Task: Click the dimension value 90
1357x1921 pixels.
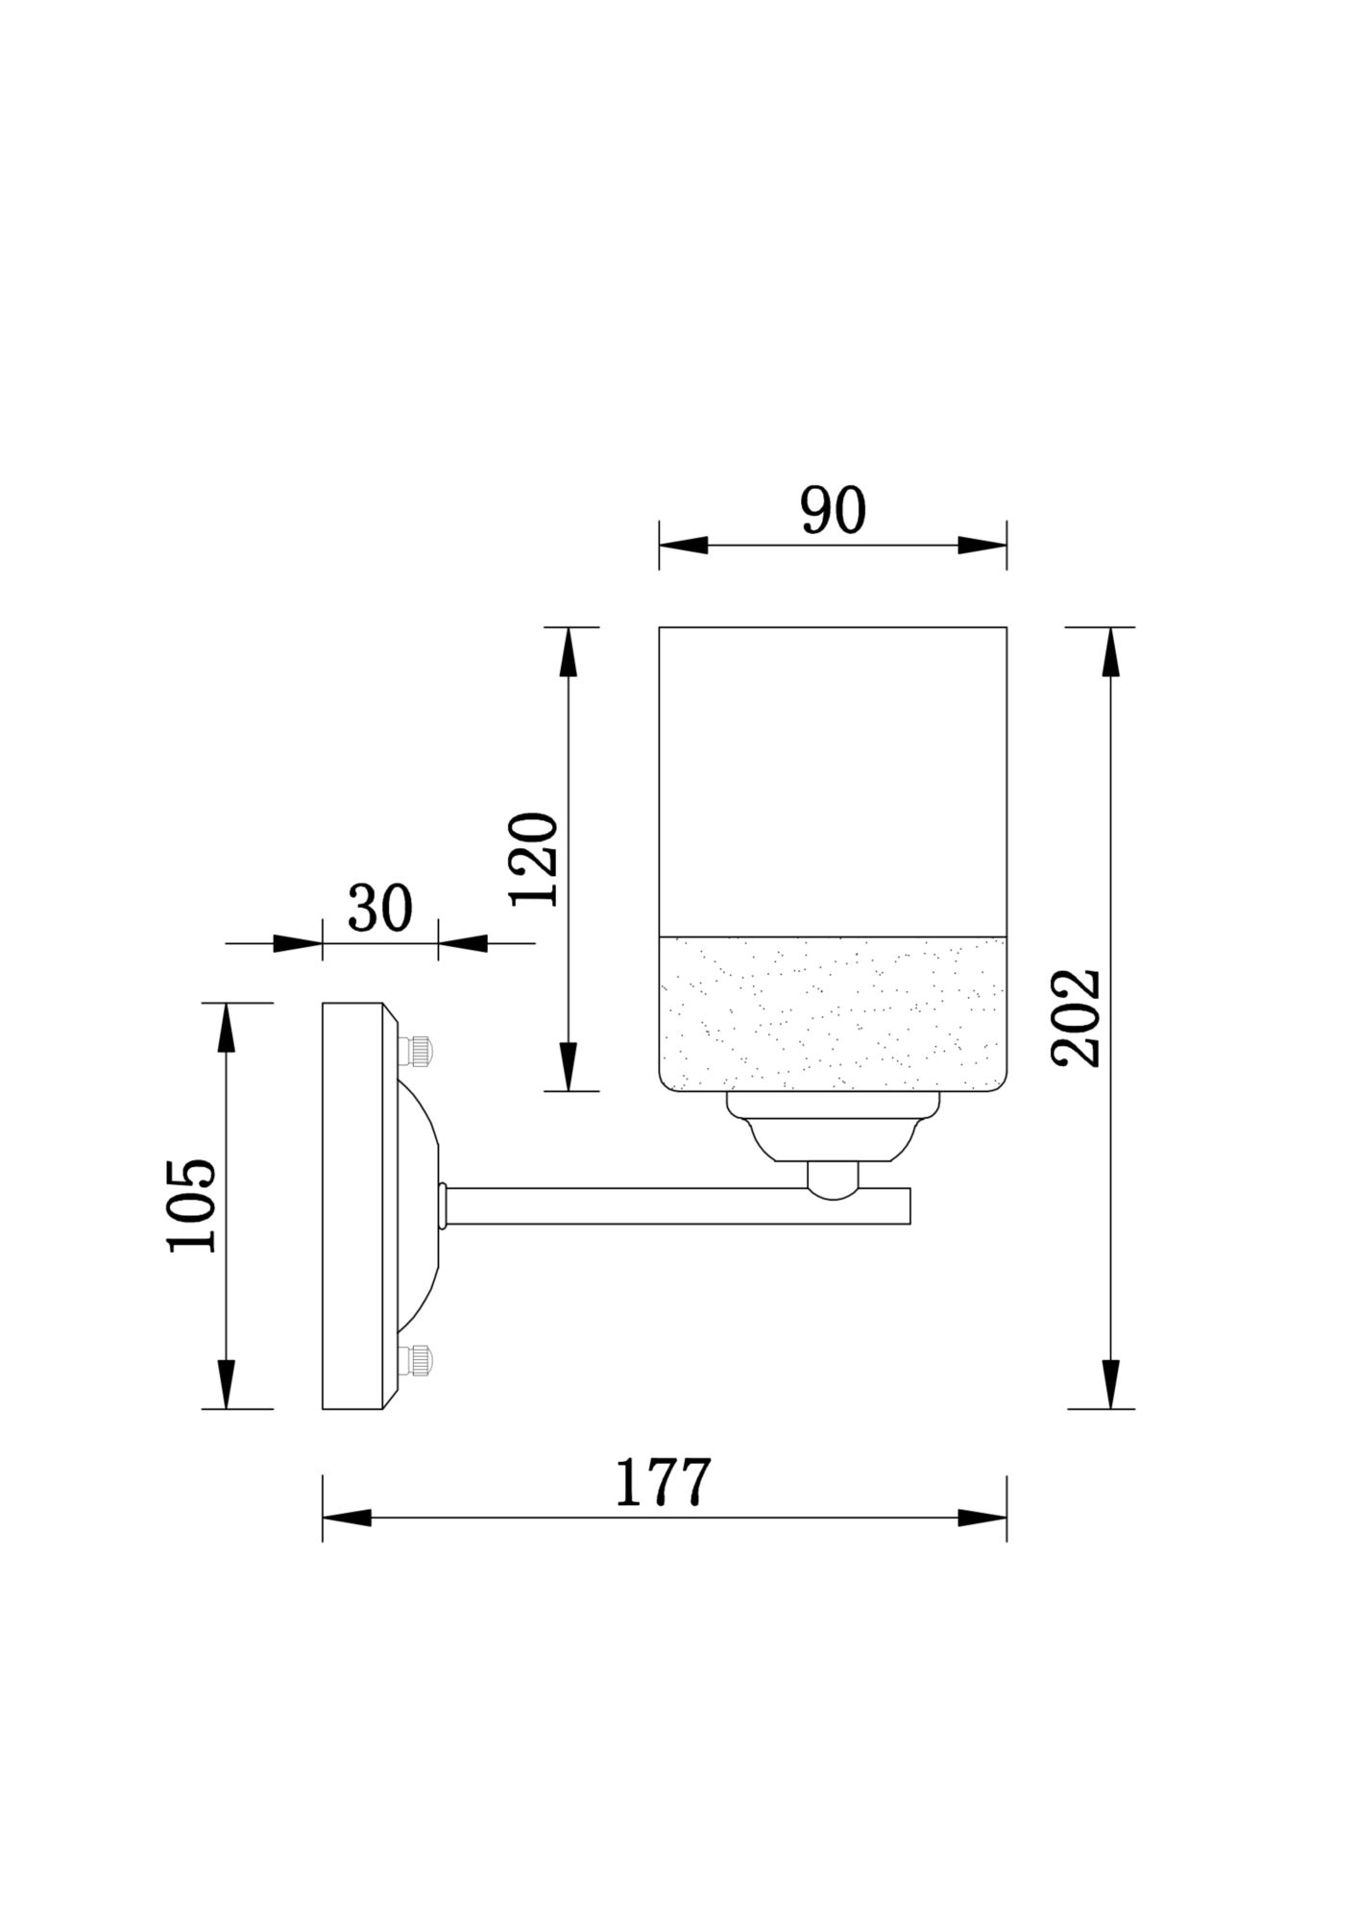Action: pyautogui.click(x=833, y=511)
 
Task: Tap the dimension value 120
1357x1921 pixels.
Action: pyautogui.click(x=534, y=860)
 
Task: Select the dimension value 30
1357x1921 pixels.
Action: pyautogui.click(x=380, y=908)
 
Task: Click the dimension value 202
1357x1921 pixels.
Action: pyautogui.click(x=1075, y=1018)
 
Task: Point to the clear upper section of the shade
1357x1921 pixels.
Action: pyautogui.click(x=833, y=778)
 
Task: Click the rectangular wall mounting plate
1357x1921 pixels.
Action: pyautogui.click(x=352, y=1205)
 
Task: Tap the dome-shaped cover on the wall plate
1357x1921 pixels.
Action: pyautogui.click(x=418, y=1205)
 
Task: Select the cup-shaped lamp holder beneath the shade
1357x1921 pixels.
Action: pyautogui.click(x=833, y=1133)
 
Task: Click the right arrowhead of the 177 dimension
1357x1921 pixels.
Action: pyautogui.click(x=981, y=1519)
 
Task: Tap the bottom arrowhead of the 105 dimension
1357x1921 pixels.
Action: pyautogui.click(x=226, y=1384)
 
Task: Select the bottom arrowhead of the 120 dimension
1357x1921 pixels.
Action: pyautogui.click(x=569, y=1066)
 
